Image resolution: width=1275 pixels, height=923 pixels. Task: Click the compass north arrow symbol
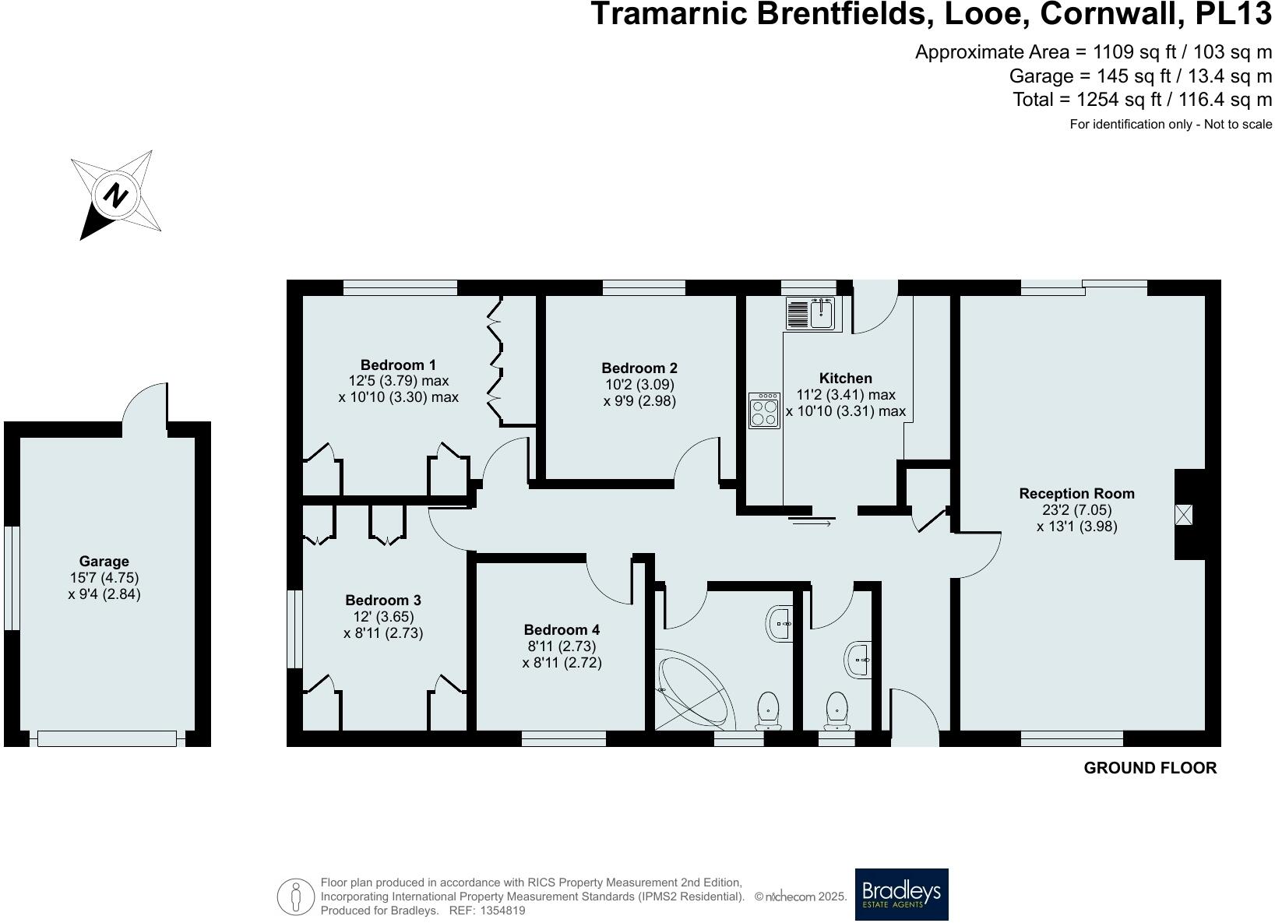coord(116,195)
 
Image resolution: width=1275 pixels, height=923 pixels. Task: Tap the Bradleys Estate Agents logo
coord(901,894)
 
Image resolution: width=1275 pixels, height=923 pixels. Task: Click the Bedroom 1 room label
coord(398,365)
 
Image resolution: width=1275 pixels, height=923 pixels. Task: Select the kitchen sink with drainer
coord(811,313)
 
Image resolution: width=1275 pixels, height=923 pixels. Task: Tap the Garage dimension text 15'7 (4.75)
coord(104,577)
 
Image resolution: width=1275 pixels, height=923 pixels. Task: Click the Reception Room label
coord(1076,493)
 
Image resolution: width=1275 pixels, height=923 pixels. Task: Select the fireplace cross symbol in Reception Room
coord(1184,515)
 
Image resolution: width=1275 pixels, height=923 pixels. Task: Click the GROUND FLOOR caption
coord(1150,768)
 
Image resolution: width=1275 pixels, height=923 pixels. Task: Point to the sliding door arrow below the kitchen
coord(812,523)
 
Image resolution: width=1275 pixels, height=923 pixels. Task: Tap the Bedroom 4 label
coord(562,629)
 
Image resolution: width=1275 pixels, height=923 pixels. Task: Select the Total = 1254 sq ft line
coord(1142,100)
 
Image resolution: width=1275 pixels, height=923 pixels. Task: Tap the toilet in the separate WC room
coord(836,710)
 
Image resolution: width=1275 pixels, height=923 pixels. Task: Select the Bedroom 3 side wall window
coord(294,629)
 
